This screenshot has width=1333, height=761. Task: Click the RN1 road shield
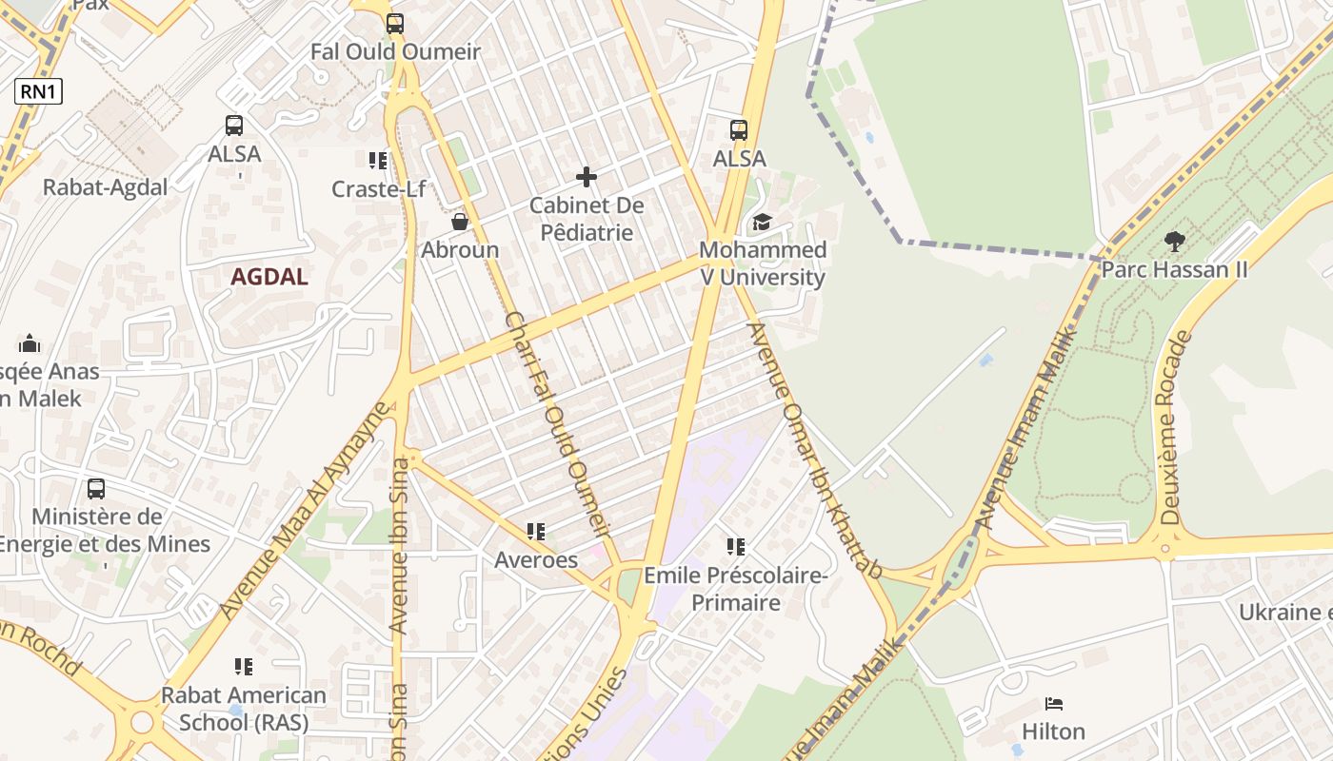[38, 91]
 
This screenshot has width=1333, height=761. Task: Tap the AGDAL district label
[269, 277]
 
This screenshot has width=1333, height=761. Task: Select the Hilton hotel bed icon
[1053, 704]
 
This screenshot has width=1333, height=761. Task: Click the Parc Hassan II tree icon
[1174, 242]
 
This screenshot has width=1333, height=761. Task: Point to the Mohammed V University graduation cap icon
[762, 223]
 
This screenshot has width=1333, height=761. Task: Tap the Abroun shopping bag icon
[460, 223]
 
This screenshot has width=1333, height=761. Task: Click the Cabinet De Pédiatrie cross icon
[587, 177]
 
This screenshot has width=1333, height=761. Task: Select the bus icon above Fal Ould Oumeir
[395, 24]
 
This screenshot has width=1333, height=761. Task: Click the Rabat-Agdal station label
[105, 187]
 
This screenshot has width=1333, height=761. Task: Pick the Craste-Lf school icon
[378, 161]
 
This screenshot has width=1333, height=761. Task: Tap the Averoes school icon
[536, 532]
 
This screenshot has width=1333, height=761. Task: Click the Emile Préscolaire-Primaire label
[736, 589]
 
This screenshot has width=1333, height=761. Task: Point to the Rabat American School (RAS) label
[244, 709]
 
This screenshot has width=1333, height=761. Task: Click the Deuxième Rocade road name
[1175, 428]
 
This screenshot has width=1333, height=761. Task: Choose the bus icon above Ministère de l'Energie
[96, 489]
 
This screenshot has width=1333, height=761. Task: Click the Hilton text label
[1053, 732]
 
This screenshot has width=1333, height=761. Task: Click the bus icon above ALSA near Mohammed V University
[739, 130]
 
